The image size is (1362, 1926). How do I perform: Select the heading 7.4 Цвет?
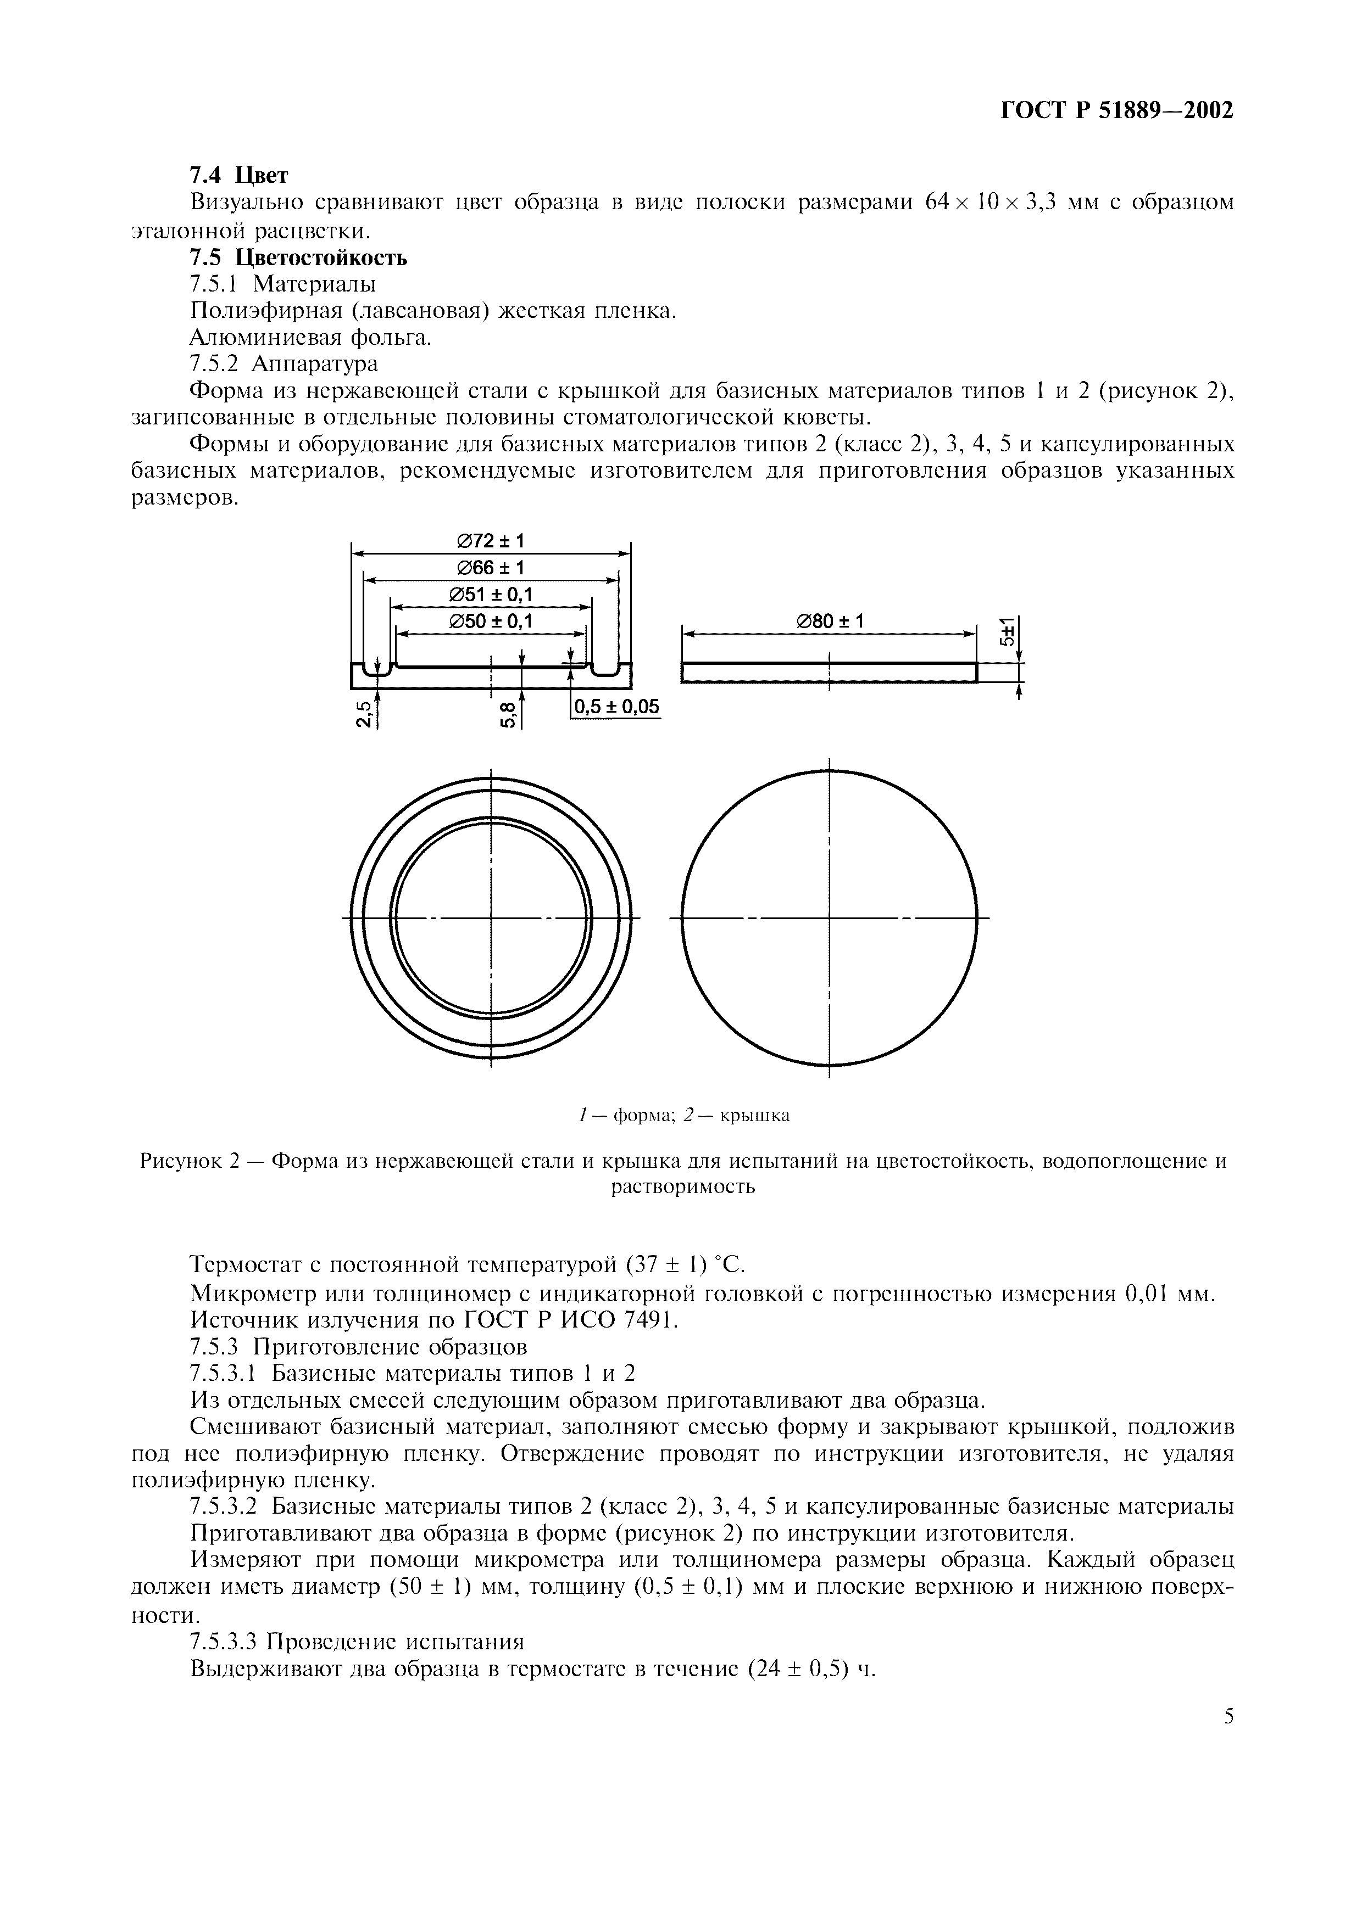[238, 175]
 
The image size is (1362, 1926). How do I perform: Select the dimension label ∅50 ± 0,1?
[491, 622]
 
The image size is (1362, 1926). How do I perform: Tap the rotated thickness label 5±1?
[1007, 630]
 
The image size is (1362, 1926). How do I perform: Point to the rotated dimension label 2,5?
[363, 715]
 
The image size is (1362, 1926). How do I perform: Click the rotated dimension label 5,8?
[508, 715]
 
